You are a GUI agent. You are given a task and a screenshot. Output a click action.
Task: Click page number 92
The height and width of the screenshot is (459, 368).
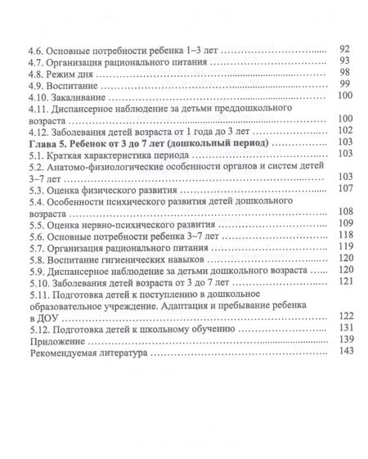pos(344,49)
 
